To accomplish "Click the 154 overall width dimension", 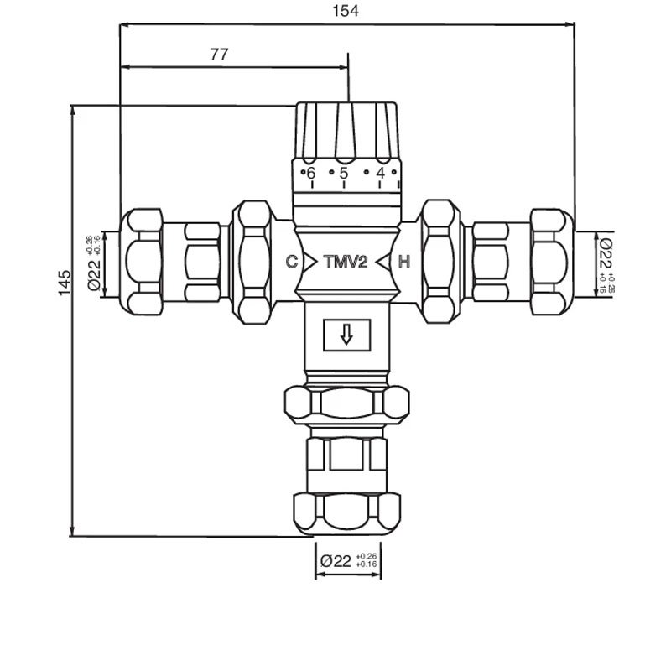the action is point(346,11).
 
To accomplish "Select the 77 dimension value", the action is point(219,55).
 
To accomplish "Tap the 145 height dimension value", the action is point(65,283).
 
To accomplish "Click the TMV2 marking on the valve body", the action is point(346,262).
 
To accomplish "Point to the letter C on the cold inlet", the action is point(292,261).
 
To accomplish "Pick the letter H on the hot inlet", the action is point(404,261).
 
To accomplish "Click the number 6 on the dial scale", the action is point(311,174).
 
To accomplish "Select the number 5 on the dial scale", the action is point(344,174).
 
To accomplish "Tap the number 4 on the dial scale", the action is point(381,174).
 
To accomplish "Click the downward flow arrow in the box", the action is point(346,334).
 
